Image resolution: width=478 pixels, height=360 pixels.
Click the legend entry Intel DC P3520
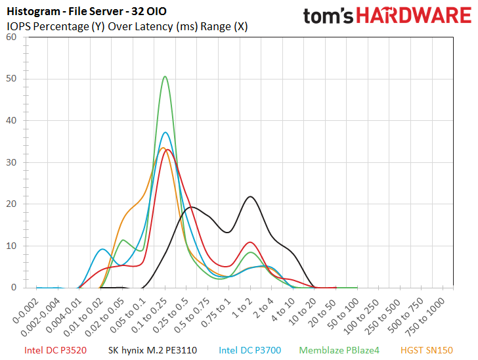[55, 350]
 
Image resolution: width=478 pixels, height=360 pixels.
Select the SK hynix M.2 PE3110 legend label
[152, 350]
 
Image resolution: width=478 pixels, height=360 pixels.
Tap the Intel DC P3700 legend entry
[250, 350]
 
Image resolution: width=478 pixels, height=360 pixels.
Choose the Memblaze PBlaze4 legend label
[339, 350]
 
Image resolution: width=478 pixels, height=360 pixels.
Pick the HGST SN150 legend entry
[427, 350]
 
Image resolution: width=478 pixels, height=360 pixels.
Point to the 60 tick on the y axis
[11, 37]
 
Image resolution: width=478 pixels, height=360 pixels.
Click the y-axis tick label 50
[11, 79]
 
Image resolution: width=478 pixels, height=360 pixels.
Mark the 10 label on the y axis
[11, 246]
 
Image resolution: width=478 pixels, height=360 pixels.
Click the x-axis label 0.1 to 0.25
[150, 315]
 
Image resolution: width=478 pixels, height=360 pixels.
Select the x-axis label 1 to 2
[243, 308]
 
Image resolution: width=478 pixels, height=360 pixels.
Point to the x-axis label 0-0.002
[26, 311]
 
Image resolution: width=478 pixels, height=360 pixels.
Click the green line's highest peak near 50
[165, 76]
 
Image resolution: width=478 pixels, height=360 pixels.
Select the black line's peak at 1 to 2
[250, 196]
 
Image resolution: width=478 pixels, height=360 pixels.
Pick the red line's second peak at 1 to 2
[250, 242]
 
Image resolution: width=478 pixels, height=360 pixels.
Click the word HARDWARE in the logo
[414, 15]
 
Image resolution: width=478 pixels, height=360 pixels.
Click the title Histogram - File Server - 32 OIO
[87, 12]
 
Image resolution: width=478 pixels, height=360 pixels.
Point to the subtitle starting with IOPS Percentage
[127, 26]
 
